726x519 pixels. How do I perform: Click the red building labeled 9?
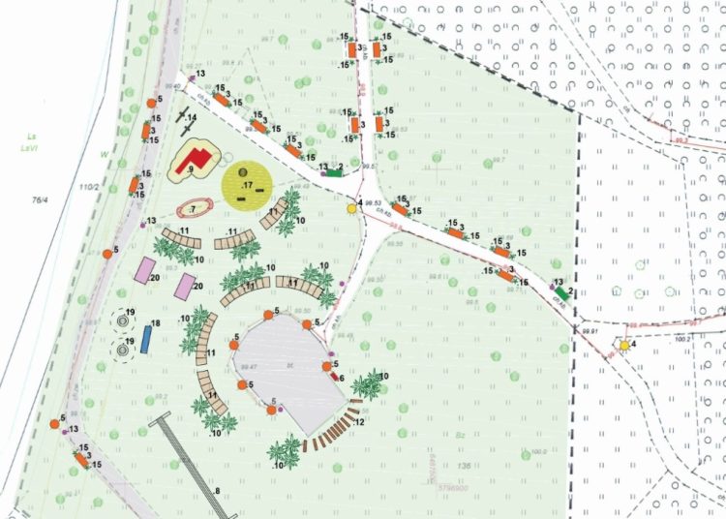[197, 157]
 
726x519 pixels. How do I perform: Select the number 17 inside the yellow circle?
[248, 184]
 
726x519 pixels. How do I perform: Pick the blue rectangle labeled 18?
[145, 338]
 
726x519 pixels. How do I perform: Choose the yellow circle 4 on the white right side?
[625, 346]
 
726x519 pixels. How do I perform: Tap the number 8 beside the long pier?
[217, 493]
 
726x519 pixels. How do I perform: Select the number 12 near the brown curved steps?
[360, 423]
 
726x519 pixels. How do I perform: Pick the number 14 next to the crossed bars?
[192, 118]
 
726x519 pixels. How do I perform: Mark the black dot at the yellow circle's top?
[243, 171]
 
